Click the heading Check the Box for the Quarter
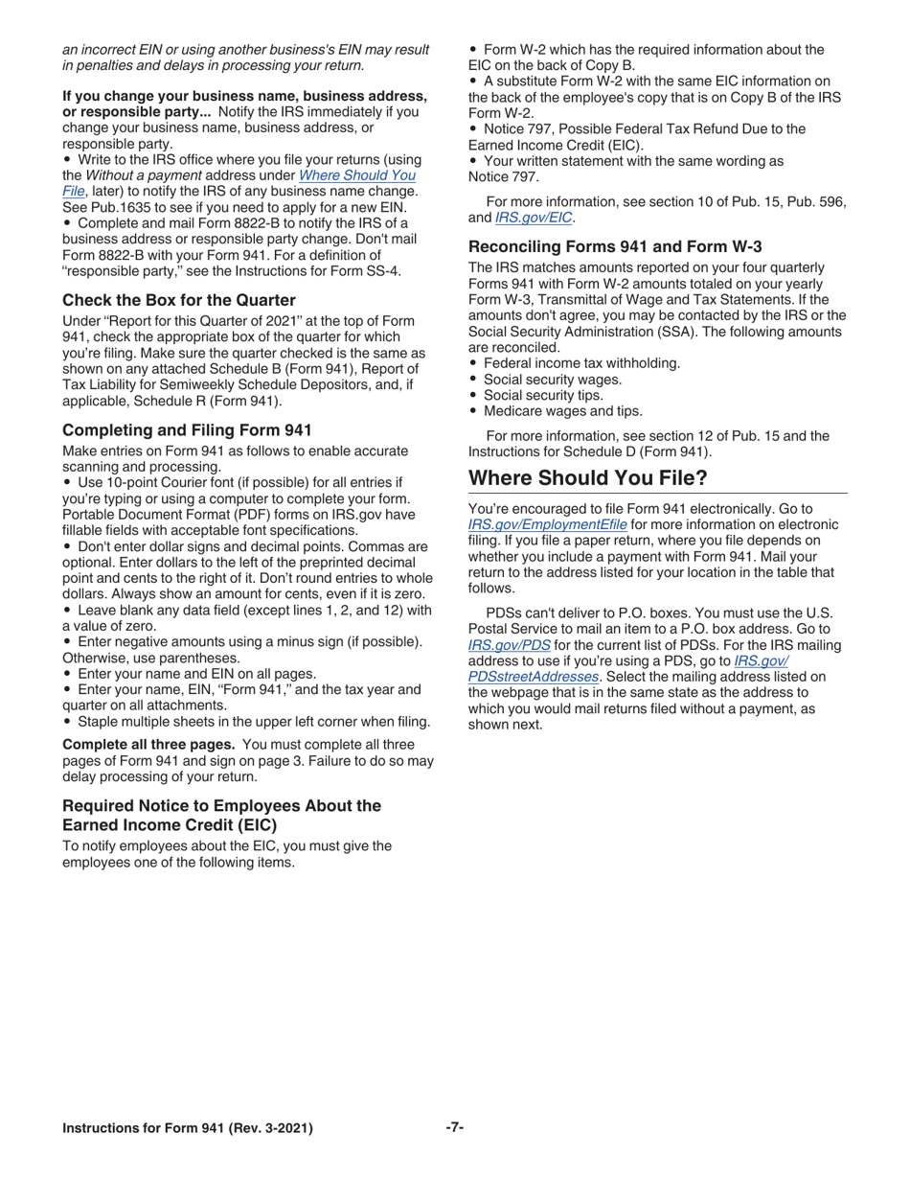[x=178, y=300]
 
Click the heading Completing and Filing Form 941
[x=187, y=429]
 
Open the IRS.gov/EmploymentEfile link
[x=548, y=524]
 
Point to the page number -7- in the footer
[x=454, y=1127]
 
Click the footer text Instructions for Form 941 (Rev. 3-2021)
[x=187, y=1128]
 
